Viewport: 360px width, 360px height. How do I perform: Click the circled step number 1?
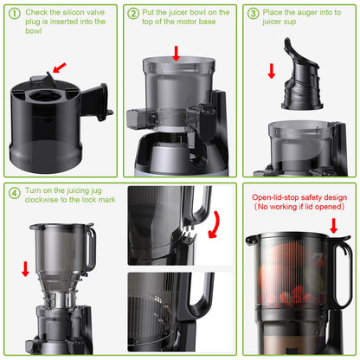click(15, 13)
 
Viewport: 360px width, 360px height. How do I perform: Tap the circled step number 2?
click(134, 13)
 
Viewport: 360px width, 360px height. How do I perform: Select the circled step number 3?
click(253, 13)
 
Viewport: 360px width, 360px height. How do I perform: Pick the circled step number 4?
click(15, 192)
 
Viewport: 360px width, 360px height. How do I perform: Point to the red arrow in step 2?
click(177, 53)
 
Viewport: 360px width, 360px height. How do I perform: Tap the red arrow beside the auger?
click(271, 70)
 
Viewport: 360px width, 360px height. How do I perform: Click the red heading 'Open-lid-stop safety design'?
click(299, 197)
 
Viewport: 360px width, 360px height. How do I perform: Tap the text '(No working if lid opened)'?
click(299, 208)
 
